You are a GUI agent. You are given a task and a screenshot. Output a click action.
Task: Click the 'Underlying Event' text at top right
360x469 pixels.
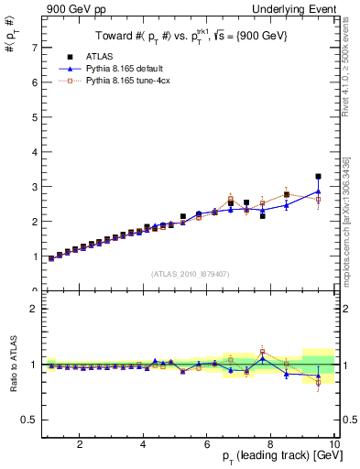tap(298, 8)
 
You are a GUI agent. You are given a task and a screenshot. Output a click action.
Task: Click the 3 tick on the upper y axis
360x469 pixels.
tap(34, 187)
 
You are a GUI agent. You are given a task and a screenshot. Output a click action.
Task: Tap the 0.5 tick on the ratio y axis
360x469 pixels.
tap(29, 420)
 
